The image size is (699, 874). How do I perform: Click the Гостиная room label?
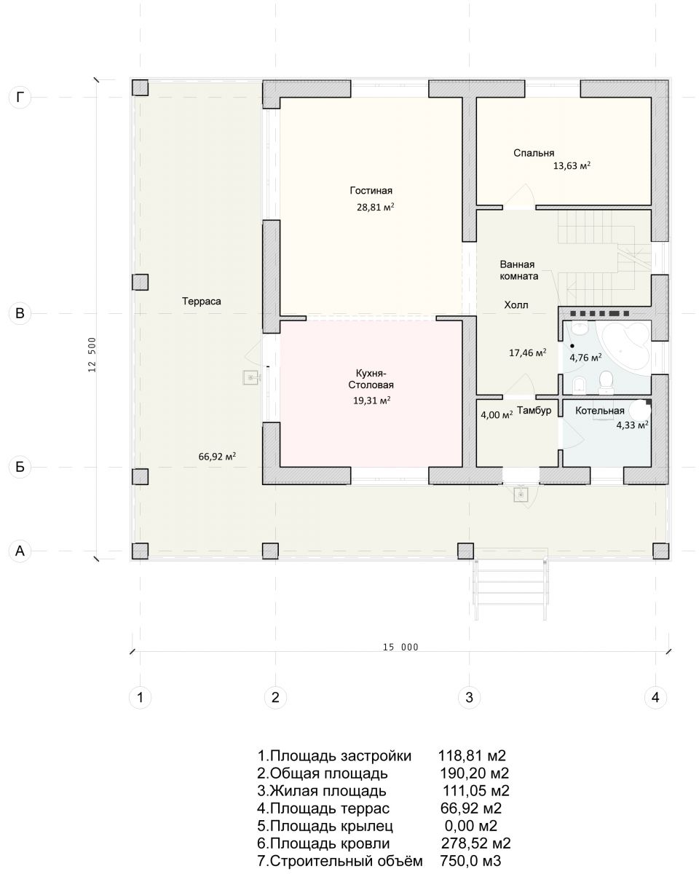tap(371, 191)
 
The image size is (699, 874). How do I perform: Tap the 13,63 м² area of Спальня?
tap(572, 166)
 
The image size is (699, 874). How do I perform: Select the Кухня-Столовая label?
tap(371, 379)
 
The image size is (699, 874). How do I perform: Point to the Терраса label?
tap(202, 302)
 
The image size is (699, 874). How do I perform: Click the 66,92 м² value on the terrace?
tap(217, 457)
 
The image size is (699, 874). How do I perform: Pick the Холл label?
tap(516, 305)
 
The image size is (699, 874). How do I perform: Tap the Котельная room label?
tap(599, 411)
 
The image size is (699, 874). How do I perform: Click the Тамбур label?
tap(534, 410)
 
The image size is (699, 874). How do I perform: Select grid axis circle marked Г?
tap(20, 98)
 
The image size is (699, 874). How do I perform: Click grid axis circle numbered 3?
tap(469, 698)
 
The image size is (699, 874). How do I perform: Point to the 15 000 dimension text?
tap(400, 647)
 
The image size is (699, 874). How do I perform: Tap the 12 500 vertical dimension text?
tap(92, 355)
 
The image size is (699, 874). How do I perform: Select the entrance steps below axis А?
tap(510, 586)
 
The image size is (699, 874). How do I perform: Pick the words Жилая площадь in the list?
tap(328, 791)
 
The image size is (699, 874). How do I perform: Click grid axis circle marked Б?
tap(20, 467)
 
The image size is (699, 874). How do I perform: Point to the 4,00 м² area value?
tap(497, 415)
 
